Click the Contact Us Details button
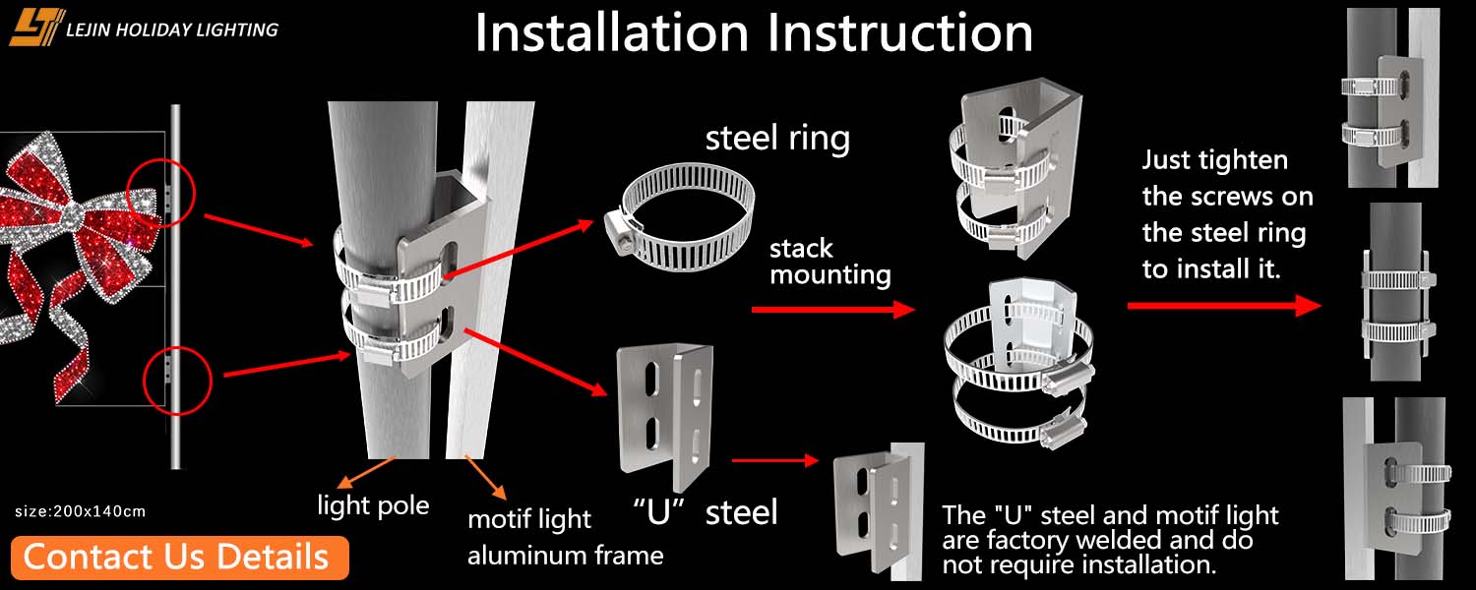click(x=180, y=557)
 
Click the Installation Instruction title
click(x=754, y=33)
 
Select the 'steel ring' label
click(x=777, y=139)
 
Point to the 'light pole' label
click(x=373, y=506)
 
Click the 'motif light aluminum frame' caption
click(x=565, y=537)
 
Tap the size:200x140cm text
click(x=81, y=511)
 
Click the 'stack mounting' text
click(x=830, y=262)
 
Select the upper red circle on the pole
click(x=161, y=191)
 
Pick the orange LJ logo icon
click(x=36, y=28)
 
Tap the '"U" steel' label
click(x=706, y=511)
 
